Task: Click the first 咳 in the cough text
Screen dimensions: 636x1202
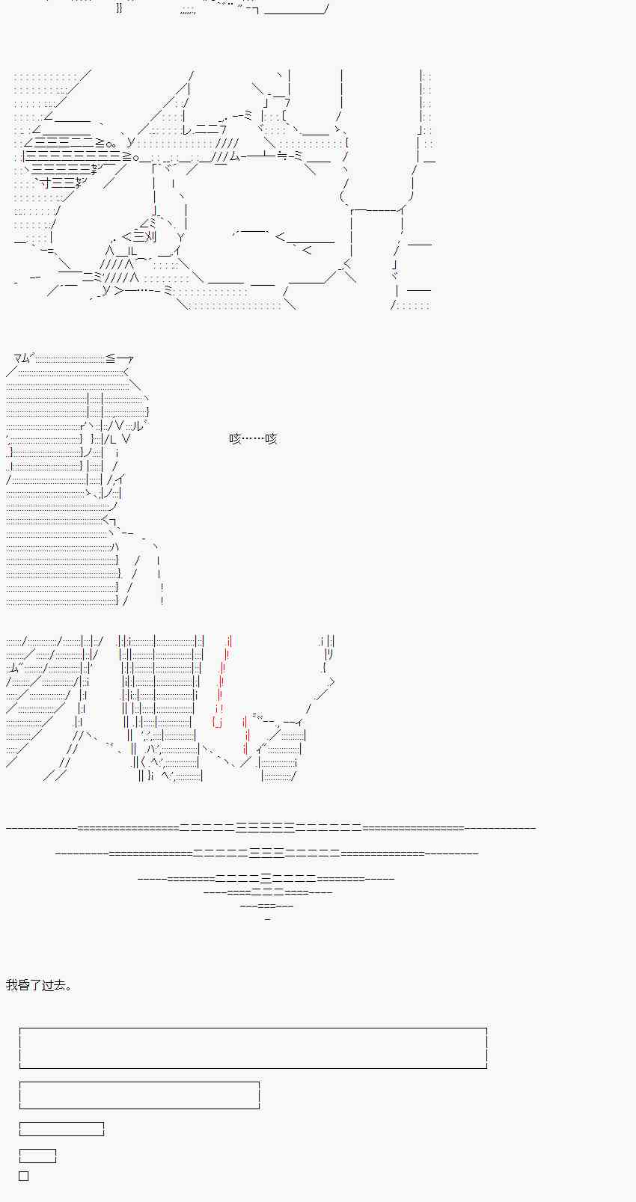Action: [x=235, y=439]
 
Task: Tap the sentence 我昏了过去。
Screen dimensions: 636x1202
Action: [x=39, y=985]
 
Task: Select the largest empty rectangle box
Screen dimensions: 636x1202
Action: [x=253, y=1048]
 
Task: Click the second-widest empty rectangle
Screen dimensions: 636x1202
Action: [x=139, y=1095]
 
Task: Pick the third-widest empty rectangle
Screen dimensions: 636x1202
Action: [x=61, y=1129]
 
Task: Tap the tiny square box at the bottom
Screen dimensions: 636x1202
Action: [x=24, y=1176]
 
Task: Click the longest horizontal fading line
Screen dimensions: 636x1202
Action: [x=271, y=828]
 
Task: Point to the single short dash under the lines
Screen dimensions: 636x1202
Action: [x=267, y=919]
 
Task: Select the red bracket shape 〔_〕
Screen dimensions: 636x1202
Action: [x=218, y=722]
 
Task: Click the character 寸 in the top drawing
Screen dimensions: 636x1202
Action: [x=46, y=183]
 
